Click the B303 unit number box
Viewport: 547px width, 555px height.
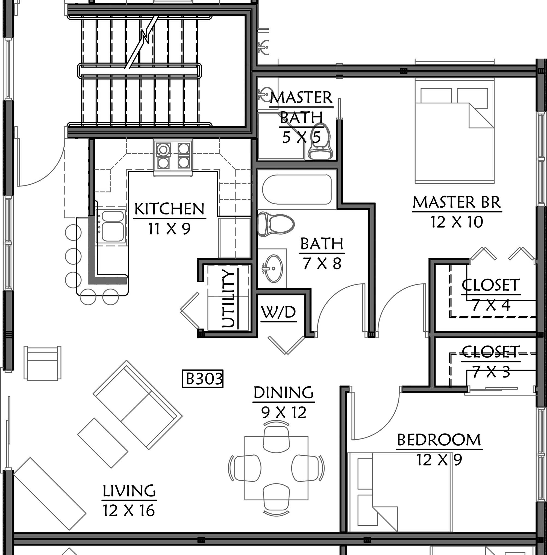203,379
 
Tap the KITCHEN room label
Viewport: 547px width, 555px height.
169,209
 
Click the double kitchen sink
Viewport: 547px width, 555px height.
111,226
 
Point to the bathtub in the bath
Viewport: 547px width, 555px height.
297,189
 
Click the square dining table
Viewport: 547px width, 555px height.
277,468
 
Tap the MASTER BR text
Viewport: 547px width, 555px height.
457,202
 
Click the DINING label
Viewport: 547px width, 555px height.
284,393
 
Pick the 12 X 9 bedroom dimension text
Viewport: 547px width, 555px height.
439,460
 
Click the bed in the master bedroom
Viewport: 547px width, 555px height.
454,132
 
